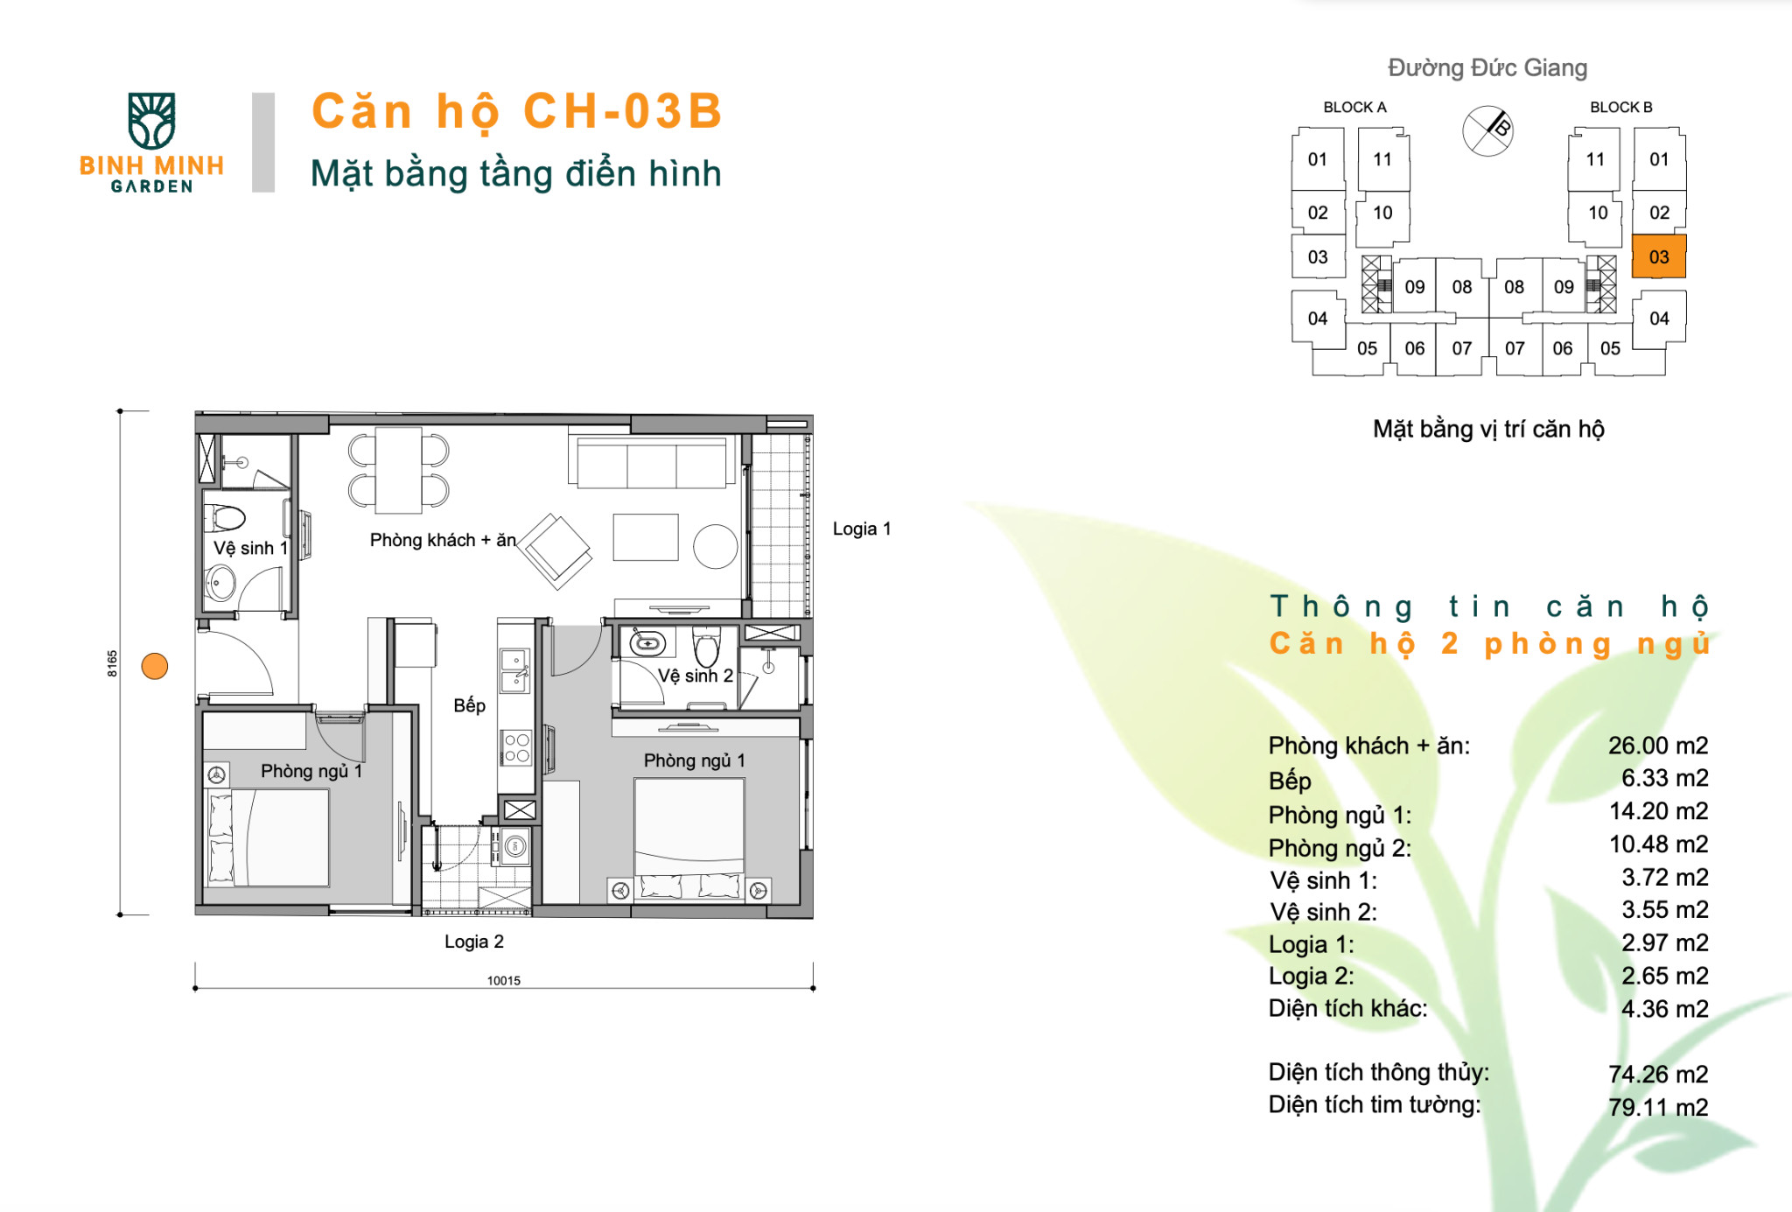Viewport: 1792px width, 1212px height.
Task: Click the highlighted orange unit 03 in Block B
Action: pyautogui.click(x=1658, y=256)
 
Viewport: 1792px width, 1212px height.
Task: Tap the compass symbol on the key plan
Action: pyautogui.click(x=1487, y=131)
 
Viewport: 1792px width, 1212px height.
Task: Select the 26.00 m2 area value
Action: pyautogui.click(x=1657, y=746)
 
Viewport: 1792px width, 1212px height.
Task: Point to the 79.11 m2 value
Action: pyautogui.click(x=1657, y=1107)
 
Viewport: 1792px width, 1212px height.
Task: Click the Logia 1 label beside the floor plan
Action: pyautogui.click(x=861, y=529)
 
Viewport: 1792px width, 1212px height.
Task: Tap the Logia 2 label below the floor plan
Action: pyautogui.click(x=473, y=942)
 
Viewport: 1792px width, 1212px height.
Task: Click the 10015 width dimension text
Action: pyautogui.click(x=503, y=980)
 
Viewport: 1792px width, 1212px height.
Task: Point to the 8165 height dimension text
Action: pyautogui.click(x=112, y=663)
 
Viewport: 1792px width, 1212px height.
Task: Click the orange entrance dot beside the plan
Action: pyautogui.click(x=155, y=667)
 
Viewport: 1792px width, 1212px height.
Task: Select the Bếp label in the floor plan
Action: pyautogui.click(x=469, y=705)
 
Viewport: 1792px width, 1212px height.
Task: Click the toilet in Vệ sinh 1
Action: pyautogui.click(x=226, y=518)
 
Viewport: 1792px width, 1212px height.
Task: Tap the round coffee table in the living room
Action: pyautogui.click(x=715, y=547)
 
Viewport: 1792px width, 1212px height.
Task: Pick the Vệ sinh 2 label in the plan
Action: pyautogui.click(x=696, y=676)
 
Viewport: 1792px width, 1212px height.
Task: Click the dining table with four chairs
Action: pyautogui.click(x=398, y=471)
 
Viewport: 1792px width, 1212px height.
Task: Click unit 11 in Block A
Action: pyautogui.click(x=1382, y=159)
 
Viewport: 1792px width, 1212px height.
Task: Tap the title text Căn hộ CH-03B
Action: pyautogui.click(x=517, y=112)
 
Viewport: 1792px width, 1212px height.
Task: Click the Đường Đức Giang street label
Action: pyautogui.click(x=1487, y=67)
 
